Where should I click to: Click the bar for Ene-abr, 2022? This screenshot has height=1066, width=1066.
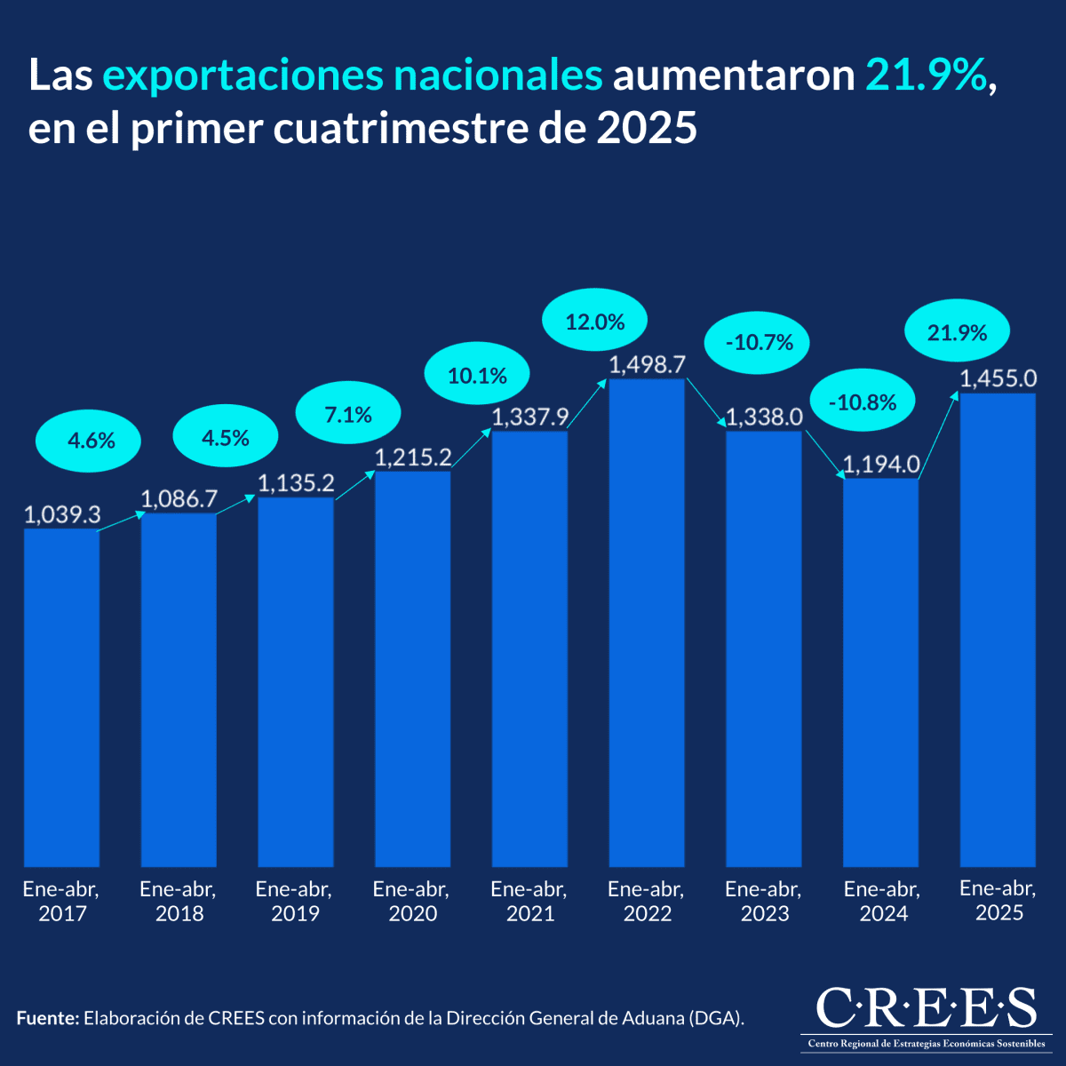pyautogui.click(x=647, y=622)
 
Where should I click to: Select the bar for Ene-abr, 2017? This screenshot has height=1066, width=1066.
pyautogui.click(x=61, y=697)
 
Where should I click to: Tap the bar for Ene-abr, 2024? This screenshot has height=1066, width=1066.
pyautogui.click(x=880, y=672)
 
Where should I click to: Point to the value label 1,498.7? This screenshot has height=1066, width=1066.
pyautogui.click(x=647, y=364)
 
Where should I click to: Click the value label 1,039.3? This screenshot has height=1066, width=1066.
pyautogui.click(x=61, y=514)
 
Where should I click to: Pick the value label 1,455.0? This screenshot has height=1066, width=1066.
pyautogui.click(x=998, y=378)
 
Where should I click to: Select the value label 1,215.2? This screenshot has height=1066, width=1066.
pyautogui.click(x=413, y=457)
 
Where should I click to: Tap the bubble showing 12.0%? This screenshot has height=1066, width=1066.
pyautogui.click(x=595, y=322)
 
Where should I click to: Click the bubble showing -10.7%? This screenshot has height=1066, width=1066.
pyautogui.click(x=757, y=342)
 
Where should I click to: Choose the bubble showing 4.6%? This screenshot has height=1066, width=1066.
pyautogui.click(x=89, y=439)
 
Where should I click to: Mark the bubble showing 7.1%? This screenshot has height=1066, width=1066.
pyautogui.click(x=347, y=414)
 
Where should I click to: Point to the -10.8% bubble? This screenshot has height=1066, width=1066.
pyautogui.click(x=862, y=402)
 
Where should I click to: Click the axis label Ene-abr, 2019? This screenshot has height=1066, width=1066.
pyautogui.click(x=294, y=901)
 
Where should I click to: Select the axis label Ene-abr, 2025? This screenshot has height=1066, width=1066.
pyautogui.click(x=998, y=900)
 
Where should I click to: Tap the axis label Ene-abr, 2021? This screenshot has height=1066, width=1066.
pyautogui.click(x=529, y=901)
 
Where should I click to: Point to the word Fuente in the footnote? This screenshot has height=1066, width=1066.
pyautogui.click(x=48, y=1018)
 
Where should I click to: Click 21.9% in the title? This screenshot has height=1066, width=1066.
pyautogui.click(x=927, y=76)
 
